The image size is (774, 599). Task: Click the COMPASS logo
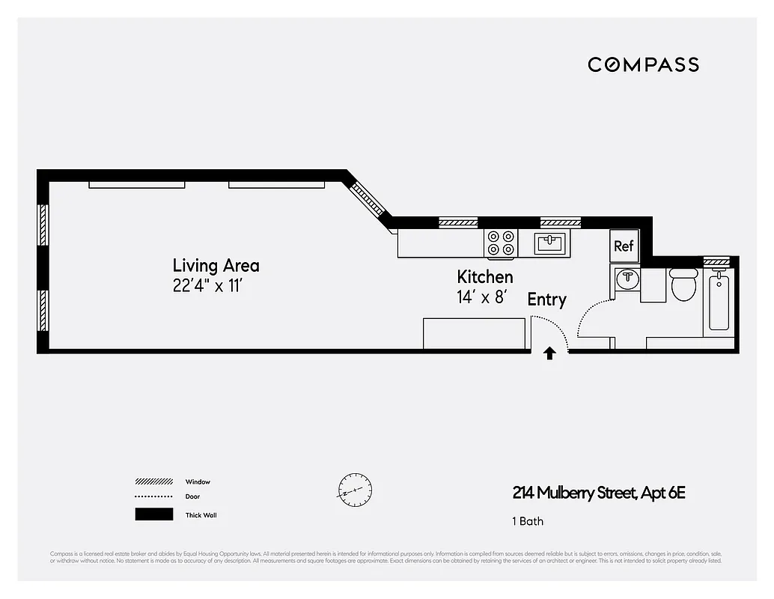click(x=643, y=64)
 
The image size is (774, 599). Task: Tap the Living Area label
click(x=216, y=265)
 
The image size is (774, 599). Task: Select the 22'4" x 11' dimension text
click(x=208, y=286)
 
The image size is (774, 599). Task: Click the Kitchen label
click(x=485, y=277)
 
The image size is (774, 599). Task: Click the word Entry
click(x=546, y=299)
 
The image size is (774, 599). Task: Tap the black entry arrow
click(x=549, y=353)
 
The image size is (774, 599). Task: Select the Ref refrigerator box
click(x=624, y=246)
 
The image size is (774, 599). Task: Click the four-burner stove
click(x=502, y=243)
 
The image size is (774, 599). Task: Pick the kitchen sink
click(x=552, y=243)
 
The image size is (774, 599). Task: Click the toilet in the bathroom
click(x=683, y=285)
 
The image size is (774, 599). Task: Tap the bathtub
click(x=719, y=302)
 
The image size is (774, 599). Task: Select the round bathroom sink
click(x=627, y=280)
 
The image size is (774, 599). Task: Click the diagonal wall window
click(x=368, y=201)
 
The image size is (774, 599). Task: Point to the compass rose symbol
click(x=355, y=490)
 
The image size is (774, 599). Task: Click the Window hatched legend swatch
click(x=153, y=481)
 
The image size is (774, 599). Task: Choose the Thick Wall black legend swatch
click(x=153, y=514)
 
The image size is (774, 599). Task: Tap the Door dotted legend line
click(x=153, y=496)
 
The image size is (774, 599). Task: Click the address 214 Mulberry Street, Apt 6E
click(x=599, y=493)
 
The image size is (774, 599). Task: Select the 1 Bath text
click(x=528, y=521)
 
